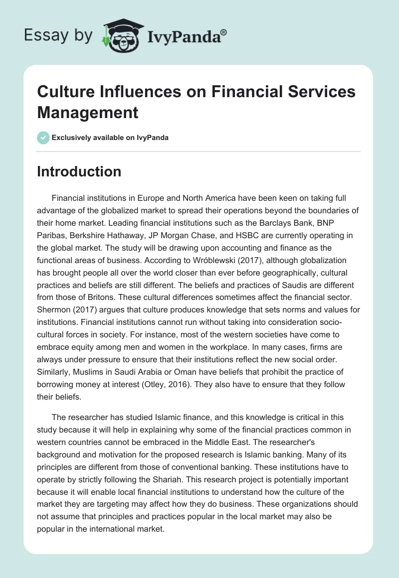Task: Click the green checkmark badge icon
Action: coord(43,138)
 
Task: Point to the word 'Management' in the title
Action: coord(88,112)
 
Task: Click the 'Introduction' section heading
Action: coord(79,172)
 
